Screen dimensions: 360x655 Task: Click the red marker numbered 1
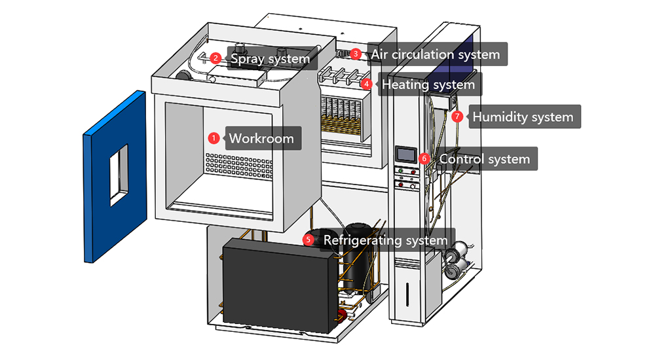[x=213, y=138]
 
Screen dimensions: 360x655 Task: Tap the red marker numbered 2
[x=214, y=58]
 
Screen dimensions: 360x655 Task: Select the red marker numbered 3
[x=355, y=53]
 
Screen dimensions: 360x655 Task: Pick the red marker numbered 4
[x=367, y=84]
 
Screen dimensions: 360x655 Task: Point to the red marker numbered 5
[x=309, y=240]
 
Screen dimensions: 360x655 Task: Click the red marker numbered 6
[x=424, y=158]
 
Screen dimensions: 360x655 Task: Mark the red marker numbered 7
[x=457, y=117]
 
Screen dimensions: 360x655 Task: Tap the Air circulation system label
[x=436, y=54]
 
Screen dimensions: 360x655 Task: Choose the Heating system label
[x=428, y=84]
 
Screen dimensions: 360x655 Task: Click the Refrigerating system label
[x=385, y=240]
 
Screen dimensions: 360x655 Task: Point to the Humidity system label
[x=523, y=117]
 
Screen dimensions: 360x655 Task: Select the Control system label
[x=485, y=159]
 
